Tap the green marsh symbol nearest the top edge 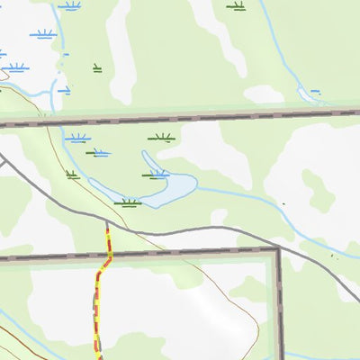pos(237,6)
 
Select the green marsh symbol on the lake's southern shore pos(128,202)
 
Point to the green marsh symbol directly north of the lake pos(161,139)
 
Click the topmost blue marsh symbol pos(69,6)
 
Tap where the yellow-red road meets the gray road pos(107,222)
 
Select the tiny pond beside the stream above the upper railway pos(315,91)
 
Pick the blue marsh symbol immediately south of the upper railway pos(77,139)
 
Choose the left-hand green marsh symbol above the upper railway pos(96,67)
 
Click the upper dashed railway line pos(180,116)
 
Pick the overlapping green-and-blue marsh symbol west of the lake pos(98,153)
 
